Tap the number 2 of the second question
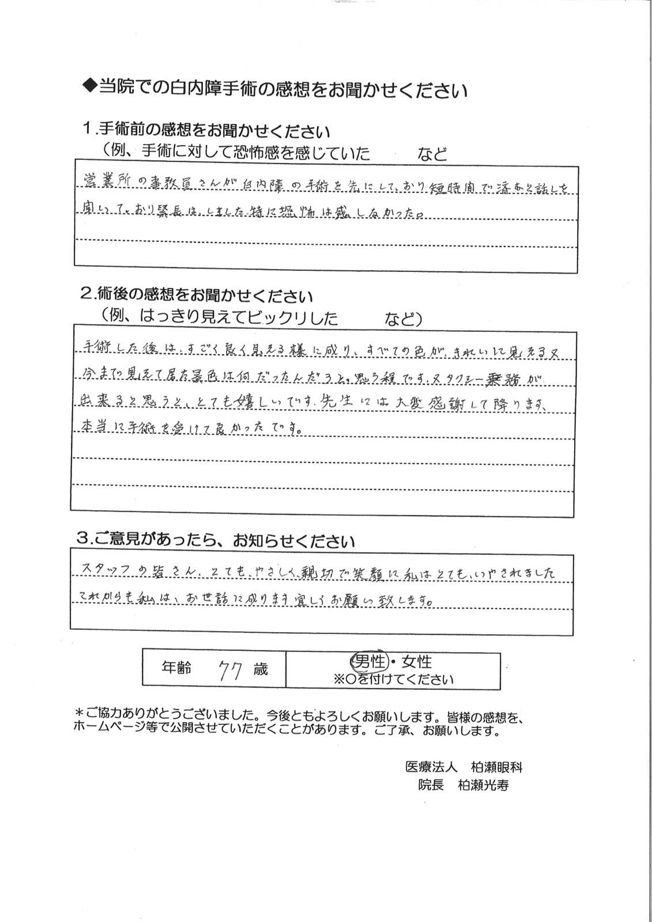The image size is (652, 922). pos(85,296)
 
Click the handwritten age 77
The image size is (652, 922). pos(229,670)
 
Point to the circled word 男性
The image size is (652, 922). pos(369,662)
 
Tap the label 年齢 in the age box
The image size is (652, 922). pos(176,669)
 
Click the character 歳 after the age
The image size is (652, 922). pos(259,670)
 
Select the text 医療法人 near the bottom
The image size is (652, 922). pos(432,767)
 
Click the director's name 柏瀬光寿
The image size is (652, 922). pos(483,785)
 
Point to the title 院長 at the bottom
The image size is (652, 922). pos(431,785)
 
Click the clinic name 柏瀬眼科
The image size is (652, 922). pos(496,767)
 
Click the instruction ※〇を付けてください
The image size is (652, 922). pos(393,679)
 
